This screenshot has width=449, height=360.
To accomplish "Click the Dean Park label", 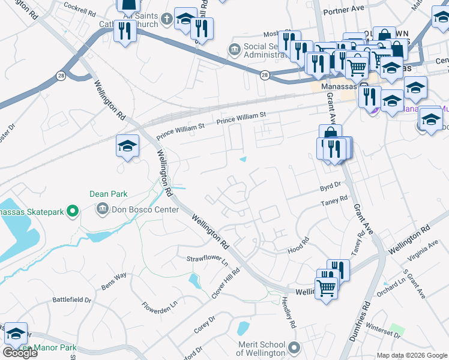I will (109, 194).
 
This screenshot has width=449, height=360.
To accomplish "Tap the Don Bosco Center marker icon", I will (101, 209).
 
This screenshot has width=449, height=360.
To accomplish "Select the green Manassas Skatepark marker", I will (73, 211).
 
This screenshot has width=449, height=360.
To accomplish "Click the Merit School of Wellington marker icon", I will (294, 347).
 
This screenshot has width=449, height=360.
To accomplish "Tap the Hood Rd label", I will (298, 244).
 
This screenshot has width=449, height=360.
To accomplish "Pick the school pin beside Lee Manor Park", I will (16, 334).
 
